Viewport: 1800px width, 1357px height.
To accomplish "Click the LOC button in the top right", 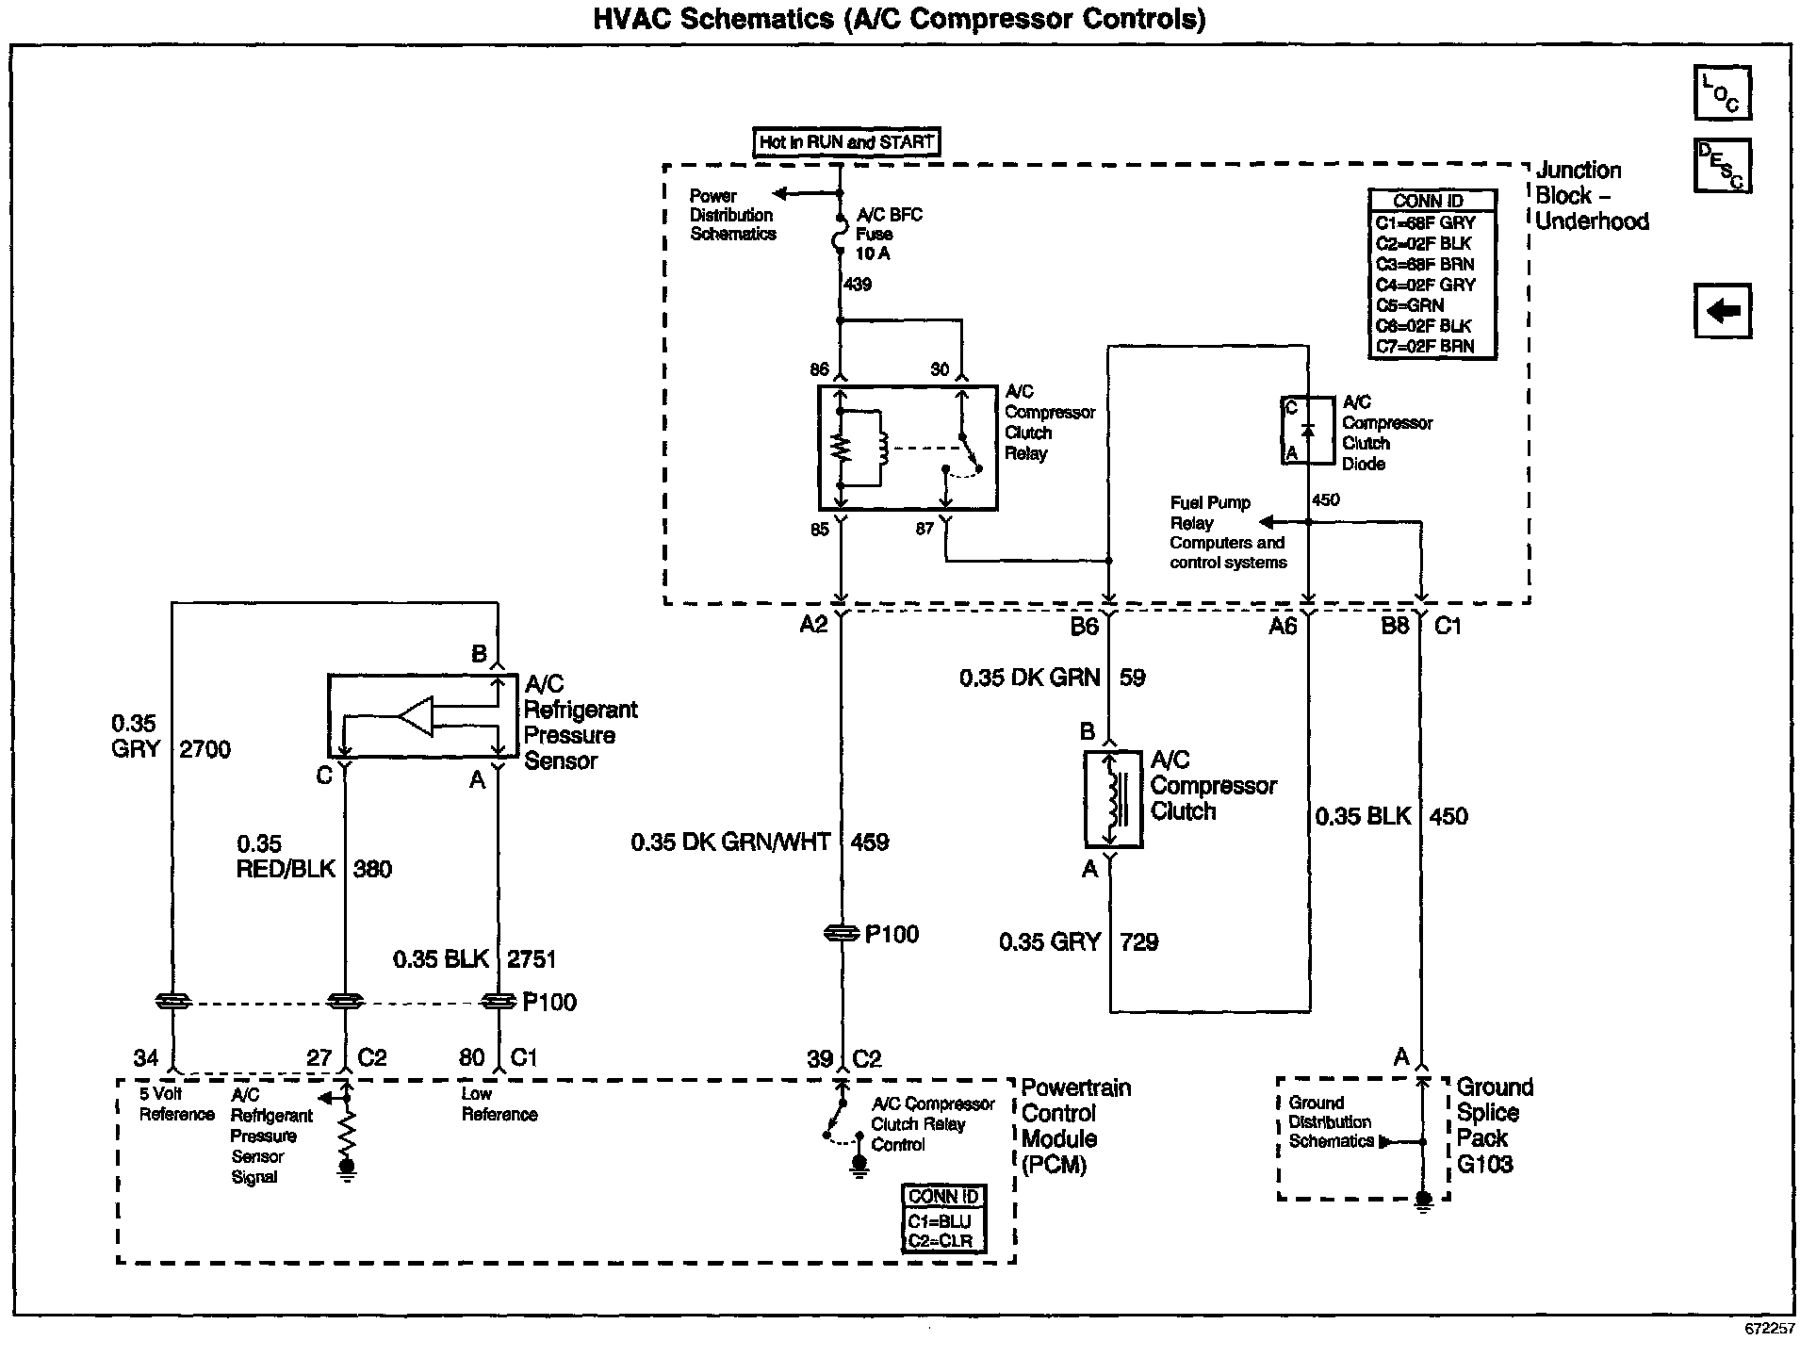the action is point(1723,93).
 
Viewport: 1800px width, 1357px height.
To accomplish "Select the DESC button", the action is point(1723,166).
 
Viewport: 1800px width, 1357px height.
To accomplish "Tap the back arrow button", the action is point(1723,310).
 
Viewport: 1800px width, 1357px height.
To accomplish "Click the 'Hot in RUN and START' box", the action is point(846,142).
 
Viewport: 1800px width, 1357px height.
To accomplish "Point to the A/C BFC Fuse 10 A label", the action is point(888,234).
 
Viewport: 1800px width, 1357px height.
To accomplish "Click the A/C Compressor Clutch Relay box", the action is point(908,448).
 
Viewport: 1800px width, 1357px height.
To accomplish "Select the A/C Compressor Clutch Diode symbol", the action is point(1308,431).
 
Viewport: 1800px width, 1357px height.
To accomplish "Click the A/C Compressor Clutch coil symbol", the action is point(1113,799).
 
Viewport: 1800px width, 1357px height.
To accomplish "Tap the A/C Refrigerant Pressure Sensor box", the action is point(422,715).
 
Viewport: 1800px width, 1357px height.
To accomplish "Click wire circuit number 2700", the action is point(204,749).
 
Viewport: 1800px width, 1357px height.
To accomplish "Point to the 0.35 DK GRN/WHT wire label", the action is point(730,842).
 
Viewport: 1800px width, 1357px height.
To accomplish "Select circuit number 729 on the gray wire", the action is point(1138,941).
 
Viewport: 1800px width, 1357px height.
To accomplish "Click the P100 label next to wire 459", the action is point(892,934).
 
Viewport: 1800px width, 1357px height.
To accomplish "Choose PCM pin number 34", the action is point(145,1057).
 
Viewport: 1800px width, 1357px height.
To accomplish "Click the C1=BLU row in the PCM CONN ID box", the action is point(939,1221).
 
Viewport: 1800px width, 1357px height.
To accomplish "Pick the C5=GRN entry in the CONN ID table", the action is point(1410,305).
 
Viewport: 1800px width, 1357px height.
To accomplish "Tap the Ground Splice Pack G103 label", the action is point(1495,1125).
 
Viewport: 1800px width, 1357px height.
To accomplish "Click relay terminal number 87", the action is point(925,530).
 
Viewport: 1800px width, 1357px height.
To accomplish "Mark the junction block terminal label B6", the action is point(1084,627).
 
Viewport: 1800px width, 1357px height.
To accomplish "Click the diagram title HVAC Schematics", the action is point(712,19).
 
